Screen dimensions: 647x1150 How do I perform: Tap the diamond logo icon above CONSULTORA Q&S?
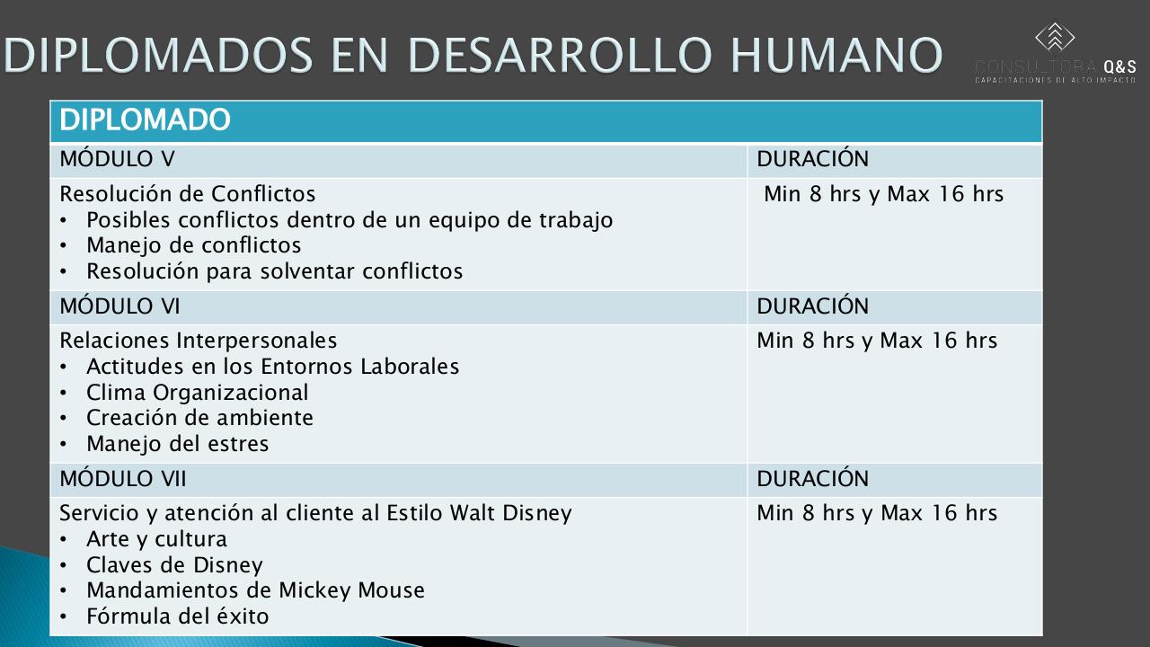tap(1055, 38)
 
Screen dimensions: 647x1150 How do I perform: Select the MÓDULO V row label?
tap(117, 159)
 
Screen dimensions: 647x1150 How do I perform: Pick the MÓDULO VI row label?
tap(119, 306)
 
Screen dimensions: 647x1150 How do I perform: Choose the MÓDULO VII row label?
tap(123, 479)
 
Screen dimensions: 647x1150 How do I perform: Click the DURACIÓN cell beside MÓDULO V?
tap(812, 159)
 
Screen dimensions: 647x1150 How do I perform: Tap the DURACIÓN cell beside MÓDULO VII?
tap(812, 479)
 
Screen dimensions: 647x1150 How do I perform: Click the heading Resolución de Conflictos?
tap(188, 194)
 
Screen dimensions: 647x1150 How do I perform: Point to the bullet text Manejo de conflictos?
tap(193, 245)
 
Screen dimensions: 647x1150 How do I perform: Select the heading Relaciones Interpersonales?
tap(199, 341)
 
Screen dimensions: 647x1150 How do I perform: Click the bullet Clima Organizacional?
tap(197, 393)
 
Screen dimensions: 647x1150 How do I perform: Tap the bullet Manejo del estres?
tap(177, 444)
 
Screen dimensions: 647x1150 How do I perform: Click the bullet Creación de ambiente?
tap(199, 418)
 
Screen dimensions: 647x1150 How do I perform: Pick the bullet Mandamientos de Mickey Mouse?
tap(255, 590)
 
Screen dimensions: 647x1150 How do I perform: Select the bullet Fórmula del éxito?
tap(177, 616)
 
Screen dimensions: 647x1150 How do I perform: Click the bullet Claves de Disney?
tap(174, 565)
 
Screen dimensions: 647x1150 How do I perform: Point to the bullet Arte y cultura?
tap(156, 539)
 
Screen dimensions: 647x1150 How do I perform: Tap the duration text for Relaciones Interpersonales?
tap(877, 341)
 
